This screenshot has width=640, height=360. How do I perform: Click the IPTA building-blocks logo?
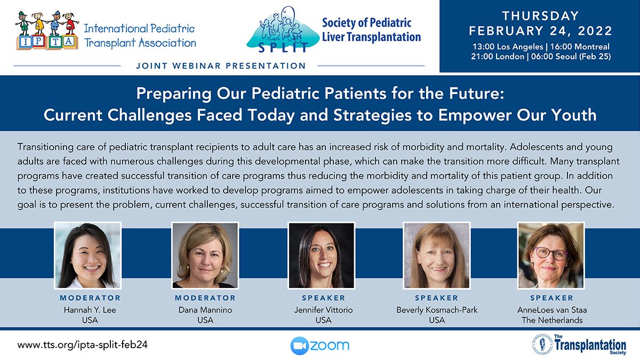click(47, 30)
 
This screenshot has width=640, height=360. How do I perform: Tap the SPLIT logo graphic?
click(283, 30)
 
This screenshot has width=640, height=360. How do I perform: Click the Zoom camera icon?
click(299, 346)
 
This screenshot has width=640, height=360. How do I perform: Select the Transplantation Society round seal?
click(542, 345)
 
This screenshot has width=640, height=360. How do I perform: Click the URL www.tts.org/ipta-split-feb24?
click(82, 345)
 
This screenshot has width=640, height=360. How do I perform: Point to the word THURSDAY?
click(541, 15)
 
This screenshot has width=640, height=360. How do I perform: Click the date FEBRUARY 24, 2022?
click(541, 31)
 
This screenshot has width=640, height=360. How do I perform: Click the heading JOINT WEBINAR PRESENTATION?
click(221, 66)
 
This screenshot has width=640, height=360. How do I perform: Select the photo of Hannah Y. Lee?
click(87, 255)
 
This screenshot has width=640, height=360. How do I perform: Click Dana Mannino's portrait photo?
click(205, 255)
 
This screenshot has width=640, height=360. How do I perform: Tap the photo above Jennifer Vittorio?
click(322, 255)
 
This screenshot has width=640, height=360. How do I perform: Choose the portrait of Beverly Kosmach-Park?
click(437, 255)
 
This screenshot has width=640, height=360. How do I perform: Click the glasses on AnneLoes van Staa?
click(550, 253)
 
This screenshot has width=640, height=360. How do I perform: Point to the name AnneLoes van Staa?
click(552, 310)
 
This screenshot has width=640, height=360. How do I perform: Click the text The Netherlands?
click(552, 321)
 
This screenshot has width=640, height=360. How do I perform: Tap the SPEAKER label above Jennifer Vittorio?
click(323, 298)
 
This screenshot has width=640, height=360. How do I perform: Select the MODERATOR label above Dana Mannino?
click(205, 298)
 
